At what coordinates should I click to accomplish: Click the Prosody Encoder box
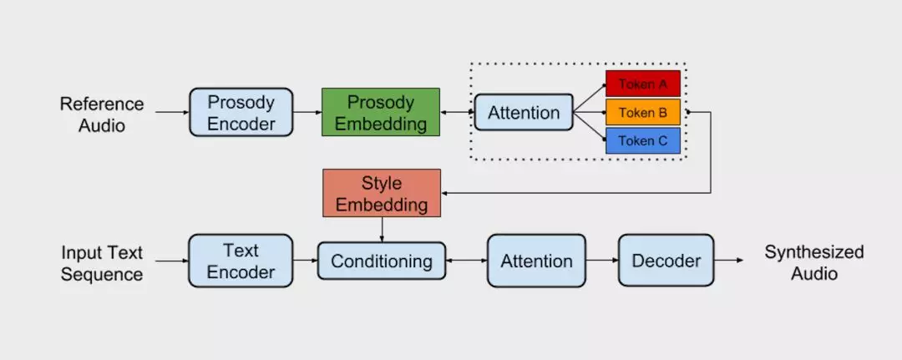click(241, 112)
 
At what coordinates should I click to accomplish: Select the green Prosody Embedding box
click(381, 112)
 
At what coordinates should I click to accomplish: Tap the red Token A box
click(643, 84)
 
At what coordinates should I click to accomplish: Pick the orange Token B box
click(643, 112)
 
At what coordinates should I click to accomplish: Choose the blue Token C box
click(643, 141)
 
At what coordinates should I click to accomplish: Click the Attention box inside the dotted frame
click(524, 112)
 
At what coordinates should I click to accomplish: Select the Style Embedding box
click(382, 193)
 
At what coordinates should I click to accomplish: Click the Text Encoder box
click(241, 261)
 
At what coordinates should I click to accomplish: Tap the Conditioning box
click(382, 261)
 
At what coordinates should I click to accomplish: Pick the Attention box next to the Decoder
click(537, 261)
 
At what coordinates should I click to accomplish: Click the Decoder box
click(666, 261)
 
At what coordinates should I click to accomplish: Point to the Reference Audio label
click(102, 114)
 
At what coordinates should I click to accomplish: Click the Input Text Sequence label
click(102, 263)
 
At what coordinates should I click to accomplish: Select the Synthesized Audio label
click(814, 263)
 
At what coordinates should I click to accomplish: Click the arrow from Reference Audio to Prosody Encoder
click(173, 112)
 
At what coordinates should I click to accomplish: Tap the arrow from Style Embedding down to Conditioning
click(382, 230)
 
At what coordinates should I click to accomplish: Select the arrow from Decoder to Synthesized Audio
click(729, 261)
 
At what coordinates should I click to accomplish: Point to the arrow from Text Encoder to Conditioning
click(306, 261)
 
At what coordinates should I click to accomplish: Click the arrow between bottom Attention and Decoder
click(602, 261)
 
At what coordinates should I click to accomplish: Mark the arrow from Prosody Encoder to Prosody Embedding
click(307, 112)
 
